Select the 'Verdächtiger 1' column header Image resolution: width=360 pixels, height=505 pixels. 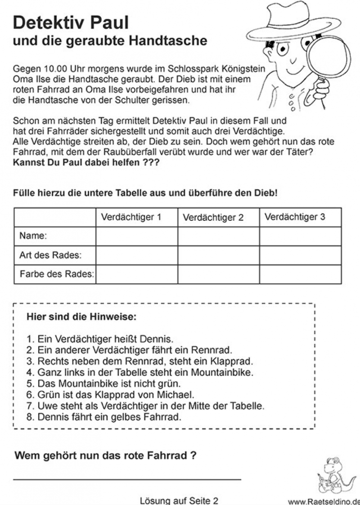tap(131, 217)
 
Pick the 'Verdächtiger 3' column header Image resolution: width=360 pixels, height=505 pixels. tap(295, 217)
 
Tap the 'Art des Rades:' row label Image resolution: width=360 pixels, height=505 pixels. tap(50, 255)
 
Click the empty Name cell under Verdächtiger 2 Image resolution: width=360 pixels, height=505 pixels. tap(218, 237)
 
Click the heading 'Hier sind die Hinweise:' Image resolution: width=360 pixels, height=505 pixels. tap(81, 317)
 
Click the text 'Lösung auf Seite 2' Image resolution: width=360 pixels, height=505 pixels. tap(179, 500)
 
